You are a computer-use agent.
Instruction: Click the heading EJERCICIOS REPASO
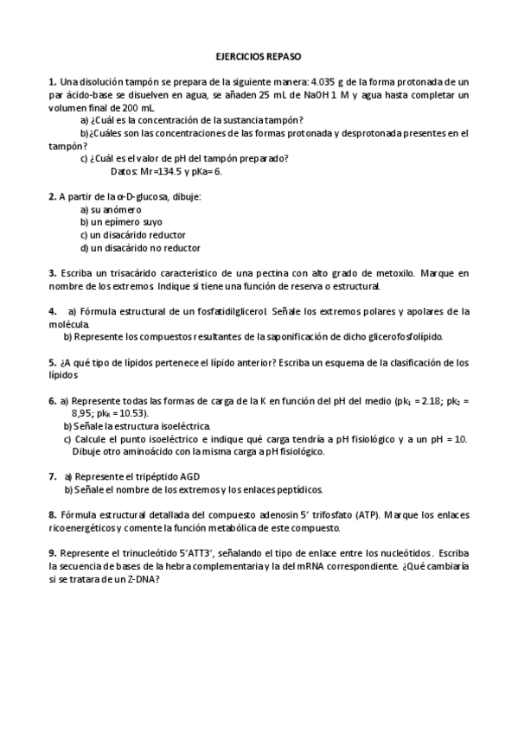click(259, 56)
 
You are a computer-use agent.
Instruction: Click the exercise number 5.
click(52, 363)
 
